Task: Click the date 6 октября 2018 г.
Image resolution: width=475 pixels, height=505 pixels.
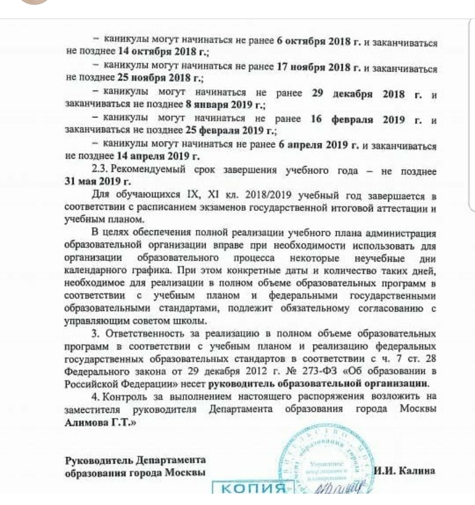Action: (x=319, y=42)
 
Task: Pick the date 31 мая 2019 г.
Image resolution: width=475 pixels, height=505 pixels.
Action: (x=98, y=181)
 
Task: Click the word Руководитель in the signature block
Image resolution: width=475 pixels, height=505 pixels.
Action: (x=97, y=460)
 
